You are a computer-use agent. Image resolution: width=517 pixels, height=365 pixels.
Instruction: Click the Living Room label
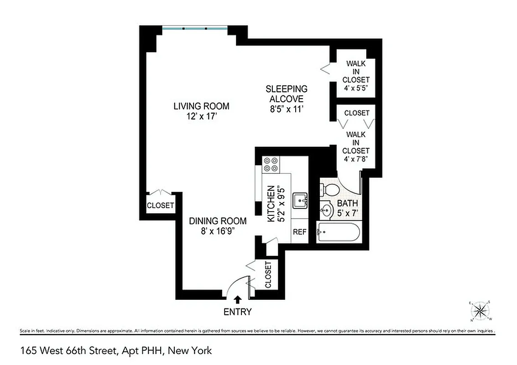[x=201, y=106]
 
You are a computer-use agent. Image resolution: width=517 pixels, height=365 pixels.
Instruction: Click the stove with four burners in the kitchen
[x=271, y=164]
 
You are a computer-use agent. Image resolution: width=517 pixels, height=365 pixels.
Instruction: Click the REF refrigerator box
[x=299, y=232]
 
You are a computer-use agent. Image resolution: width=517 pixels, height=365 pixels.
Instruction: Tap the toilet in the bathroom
[x=329, y=188]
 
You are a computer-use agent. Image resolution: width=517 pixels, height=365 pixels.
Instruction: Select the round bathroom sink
[x=326, y=210]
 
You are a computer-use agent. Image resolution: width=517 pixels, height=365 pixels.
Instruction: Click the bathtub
[x=338, y=232]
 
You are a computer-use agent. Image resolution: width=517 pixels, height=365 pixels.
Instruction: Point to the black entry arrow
[x=237, y=299]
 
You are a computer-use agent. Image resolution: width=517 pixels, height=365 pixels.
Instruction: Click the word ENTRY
[x=237, y=312]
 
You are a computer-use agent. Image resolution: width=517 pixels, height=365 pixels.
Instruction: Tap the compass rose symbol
[x=480, y=311]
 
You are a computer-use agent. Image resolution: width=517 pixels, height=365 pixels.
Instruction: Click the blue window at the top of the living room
[x=195, y=28]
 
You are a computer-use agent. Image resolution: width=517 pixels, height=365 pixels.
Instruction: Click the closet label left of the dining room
[x=160, y=205]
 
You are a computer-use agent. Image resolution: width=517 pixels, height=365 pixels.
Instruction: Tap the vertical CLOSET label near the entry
[x=267, y=275]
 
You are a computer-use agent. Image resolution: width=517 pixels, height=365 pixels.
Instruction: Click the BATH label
[x=347, y=203]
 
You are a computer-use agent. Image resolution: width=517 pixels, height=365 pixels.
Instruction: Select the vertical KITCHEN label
[x=271, y=204]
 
